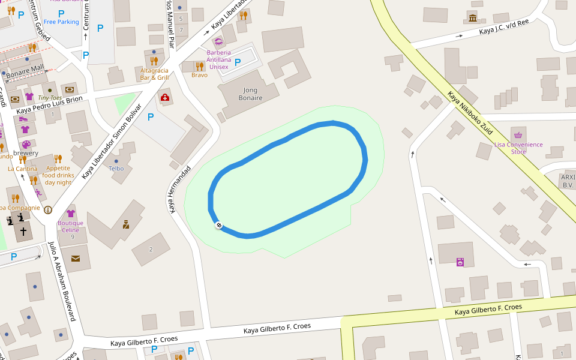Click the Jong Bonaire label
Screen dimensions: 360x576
click(250, 94)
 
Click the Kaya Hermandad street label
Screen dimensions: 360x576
click(179, 190)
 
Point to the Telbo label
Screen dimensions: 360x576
click(116, 169)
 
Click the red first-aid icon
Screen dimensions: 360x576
click(164, 97)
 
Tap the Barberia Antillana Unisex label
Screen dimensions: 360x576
click(218, 59)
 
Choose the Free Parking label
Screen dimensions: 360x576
click(61, 22)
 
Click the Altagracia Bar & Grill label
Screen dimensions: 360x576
click(154, 74)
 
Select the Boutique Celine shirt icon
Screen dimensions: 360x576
click(70, 213)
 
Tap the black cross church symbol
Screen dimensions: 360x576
click(23, 231)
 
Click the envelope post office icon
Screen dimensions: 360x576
click(76, 259)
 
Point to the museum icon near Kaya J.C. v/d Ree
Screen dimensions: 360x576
click(473, 17)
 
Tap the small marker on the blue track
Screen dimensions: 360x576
click(219, 225)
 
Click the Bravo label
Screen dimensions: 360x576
click(199, 75)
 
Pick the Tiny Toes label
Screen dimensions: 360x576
click(50, 98)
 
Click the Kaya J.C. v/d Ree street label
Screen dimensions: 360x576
click(504, 28)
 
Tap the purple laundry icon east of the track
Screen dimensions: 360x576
click(460, 262)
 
